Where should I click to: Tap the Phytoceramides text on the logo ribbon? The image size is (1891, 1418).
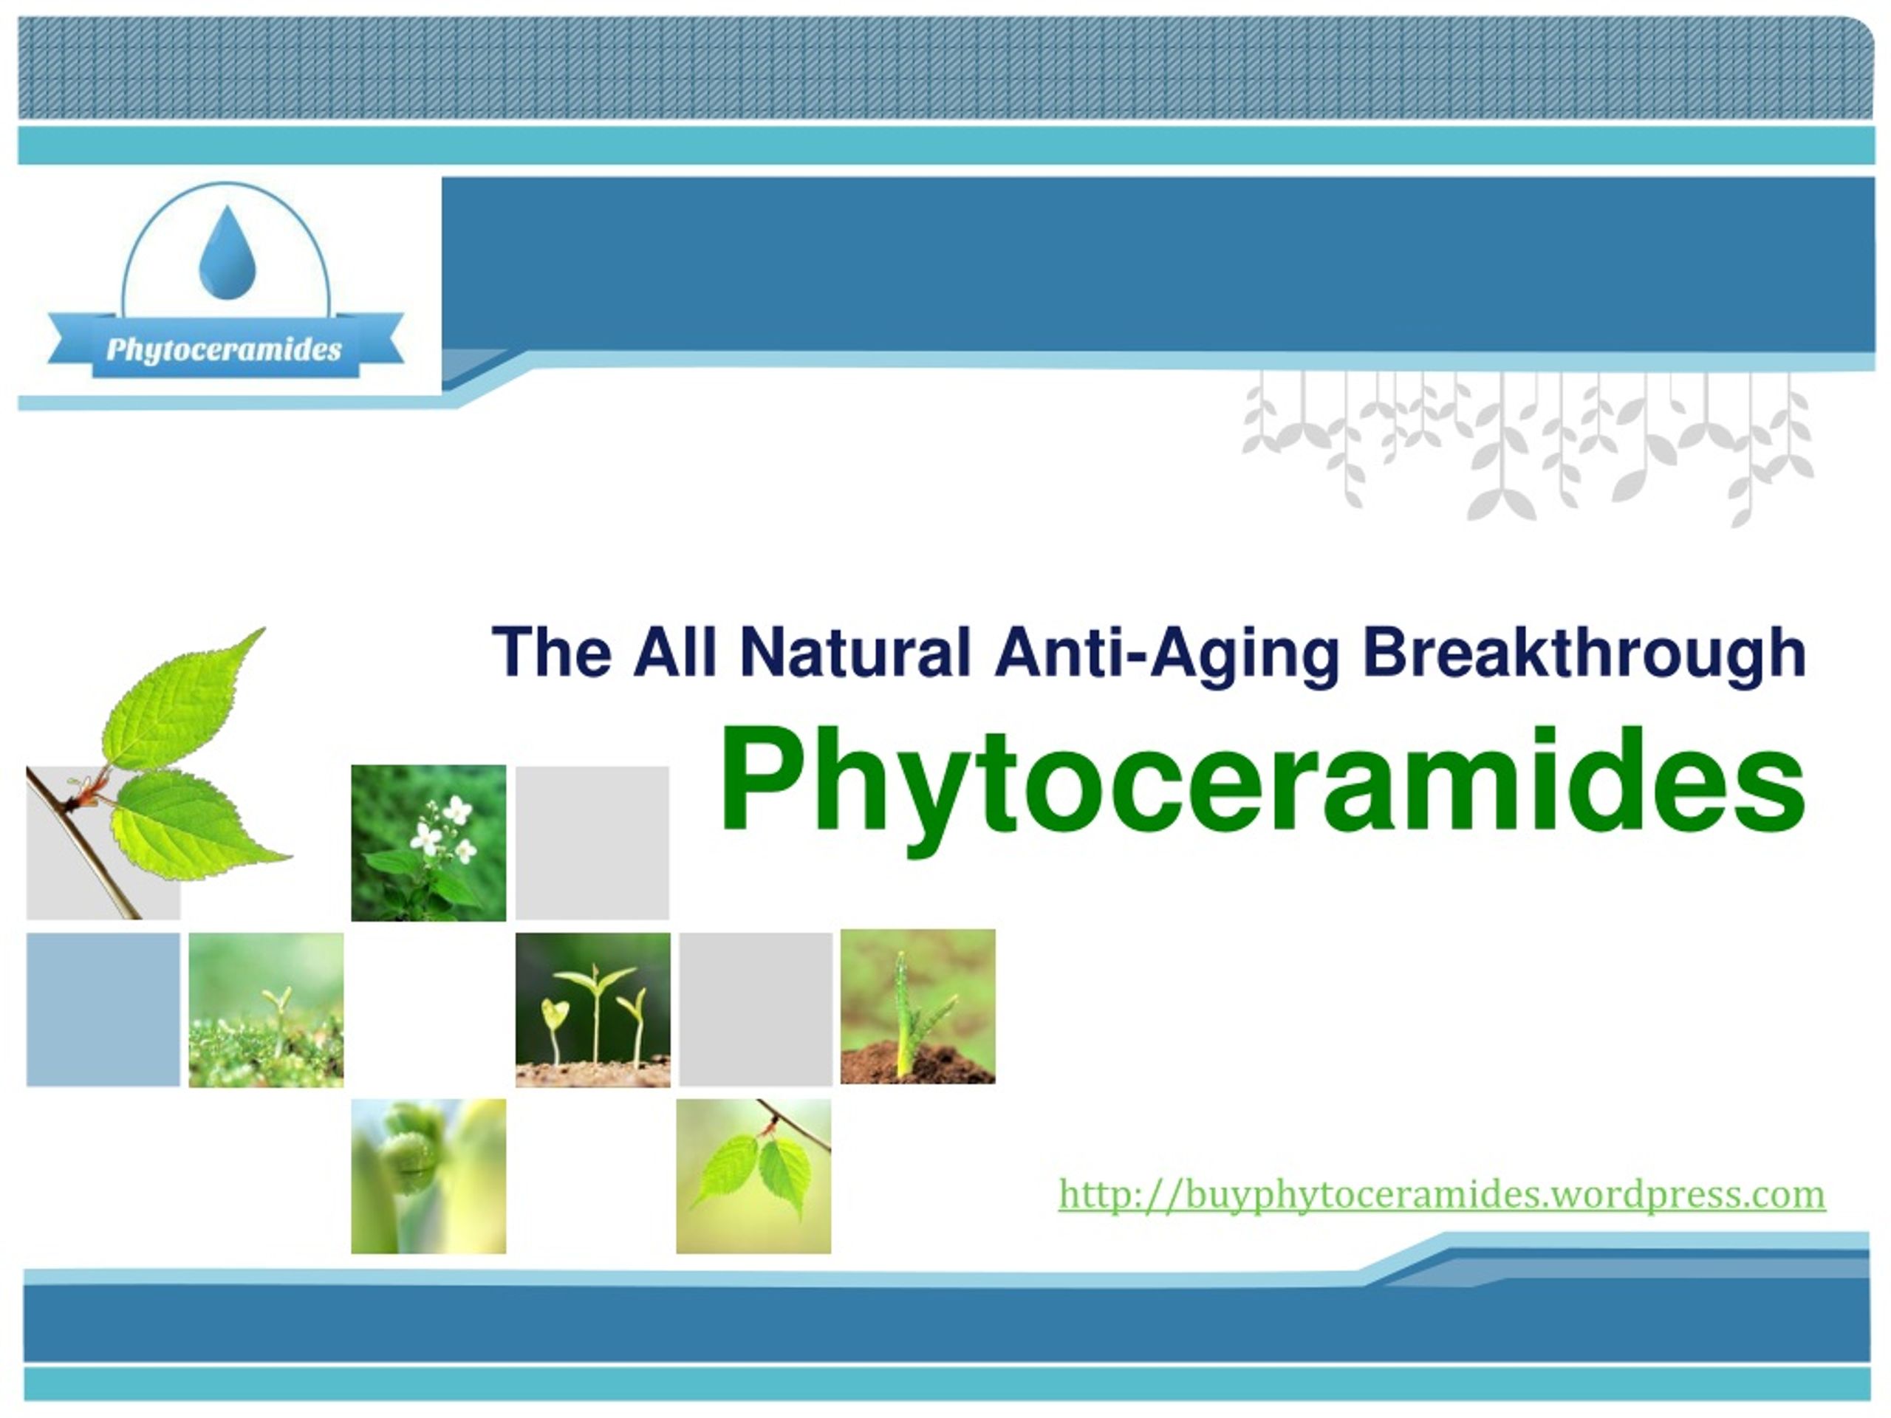[224, 349]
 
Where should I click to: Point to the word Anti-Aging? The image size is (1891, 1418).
[1167, 654]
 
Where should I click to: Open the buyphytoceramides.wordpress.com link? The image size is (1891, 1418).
[1441, 1194]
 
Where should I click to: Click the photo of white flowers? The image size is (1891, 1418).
[428, 843]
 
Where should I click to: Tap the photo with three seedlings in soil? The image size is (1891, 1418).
[592, 1010]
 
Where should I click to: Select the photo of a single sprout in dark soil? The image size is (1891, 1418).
[917, 1007]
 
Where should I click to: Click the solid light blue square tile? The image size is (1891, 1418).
[103, 1010]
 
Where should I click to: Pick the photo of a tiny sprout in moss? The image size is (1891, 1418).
[266, 1010]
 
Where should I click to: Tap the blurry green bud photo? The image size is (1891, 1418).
[428, 1176]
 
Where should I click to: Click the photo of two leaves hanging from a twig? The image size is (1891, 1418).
[753, 1176]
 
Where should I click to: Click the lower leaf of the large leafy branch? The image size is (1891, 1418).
[192, 825]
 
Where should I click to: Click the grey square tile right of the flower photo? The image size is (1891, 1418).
[592, 843]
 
